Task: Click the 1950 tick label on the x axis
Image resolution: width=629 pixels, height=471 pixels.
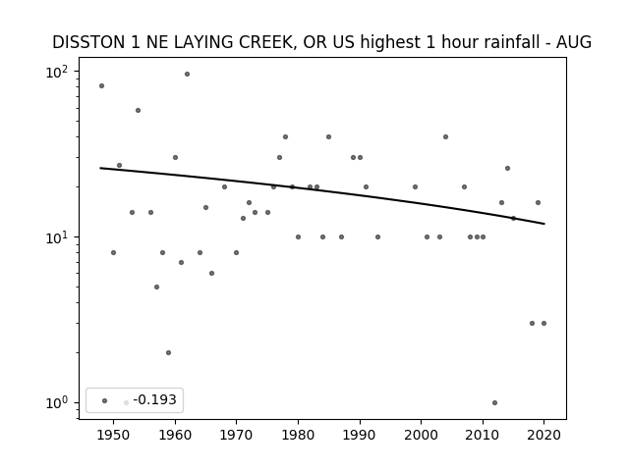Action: pyautogui.click(x=114, y=435)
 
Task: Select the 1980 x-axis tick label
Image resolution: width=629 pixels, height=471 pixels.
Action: pyautogui.click(x=298, y=435)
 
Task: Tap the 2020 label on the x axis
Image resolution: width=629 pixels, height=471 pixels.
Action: pyautogui.click(x=543, y=435)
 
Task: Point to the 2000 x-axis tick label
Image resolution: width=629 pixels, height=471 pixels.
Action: pyautogui.click(x=422, y=435)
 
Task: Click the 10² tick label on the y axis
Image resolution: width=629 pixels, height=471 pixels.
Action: pyautogui.click(x=57, y=72)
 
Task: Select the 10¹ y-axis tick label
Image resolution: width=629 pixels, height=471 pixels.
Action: pyautogui.click(x=57, y=237)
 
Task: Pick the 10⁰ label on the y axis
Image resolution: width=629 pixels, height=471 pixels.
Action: pyautogui.click(x=57, y=403)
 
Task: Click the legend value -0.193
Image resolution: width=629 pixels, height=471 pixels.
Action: pyautogui.click(x=155, y=399)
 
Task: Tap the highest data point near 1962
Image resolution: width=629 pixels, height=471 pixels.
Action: pyautogui.click(x=187, y=75)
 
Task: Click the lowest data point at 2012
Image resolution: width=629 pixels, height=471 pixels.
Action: pyautogui.click(x=494, y=403)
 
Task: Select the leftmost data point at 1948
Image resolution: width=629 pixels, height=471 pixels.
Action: pyautogui.click(x=101, y=85)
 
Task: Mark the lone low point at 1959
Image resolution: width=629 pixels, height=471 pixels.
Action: pyautogui.click(x=168, y=353)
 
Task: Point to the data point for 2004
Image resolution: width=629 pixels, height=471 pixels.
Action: pyautogui.click(x=445, y=137)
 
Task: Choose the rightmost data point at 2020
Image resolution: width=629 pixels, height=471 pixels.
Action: pyautogui.click(x=543, y=323)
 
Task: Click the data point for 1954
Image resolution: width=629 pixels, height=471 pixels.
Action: pyautogui.click(x=138, y=111)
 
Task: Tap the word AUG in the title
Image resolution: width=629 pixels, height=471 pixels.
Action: pyautogui.click(x=574, y=42)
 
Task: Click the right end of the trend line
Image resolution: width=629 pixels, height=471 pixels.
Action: pyautogui.click(x=544, y=224)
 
